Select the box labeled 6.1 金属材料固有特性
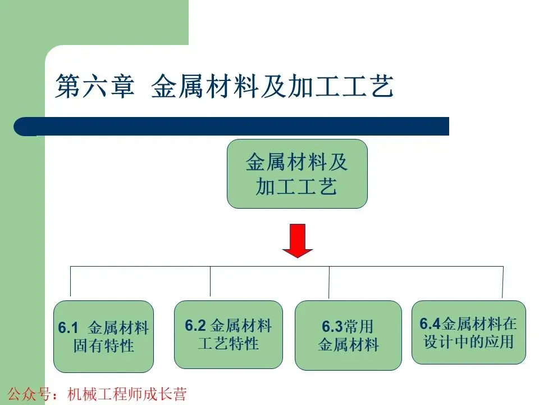103,336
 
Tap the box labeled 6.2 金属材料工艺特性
228,334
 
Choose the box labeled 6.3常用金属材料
348,335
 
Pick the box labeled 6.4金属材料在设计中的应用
468,332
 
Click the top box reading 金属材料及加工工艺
297,174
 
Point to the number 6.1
67,328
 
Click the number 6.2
195,325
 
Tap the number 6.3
332,327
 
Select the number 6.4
431,323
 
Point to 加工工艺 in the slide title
345,88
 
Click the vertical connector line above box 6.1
70,281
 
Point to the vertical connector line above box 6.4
503,281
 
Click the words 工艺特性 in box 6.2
228,343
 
